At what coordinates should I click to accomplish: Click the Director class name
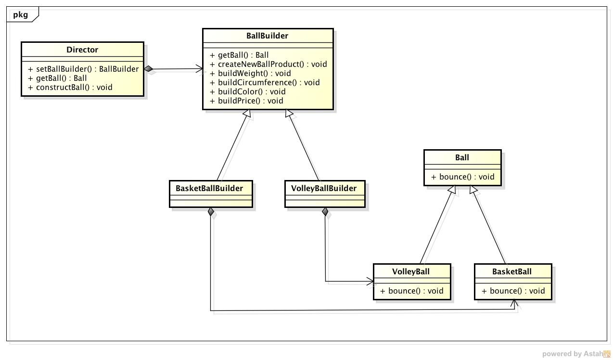[x=82, y=50]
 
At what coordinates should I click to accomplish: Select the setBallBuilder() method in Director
[x=87, y=69]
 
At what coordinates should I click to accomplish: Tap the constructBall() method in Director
[x=74, y=87]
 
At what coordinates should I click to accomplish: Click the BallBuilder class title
[x=267, y=36]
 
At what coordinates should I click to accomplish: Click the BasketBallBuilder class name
[x=209, y=188]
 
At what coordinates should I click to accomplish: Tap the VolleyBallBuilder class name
[x=324, y=188]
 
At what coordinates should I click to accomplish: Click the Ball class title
[x=462, y=157]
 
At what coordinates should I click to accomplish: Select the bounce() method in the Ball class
[x=462, y=177]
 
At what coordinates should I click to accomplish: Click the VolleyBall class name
[x=411, y=271]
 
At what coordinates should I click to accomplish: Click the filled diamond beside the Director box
[x=149, y=69]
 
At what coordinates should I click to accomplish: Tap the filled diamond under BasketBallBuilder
[x=211, y=212]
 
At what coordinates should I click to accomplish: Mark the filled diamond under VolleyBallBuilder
[x=325, y=212]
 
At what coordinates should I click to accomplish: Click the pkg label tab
[x=21, y=14]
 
